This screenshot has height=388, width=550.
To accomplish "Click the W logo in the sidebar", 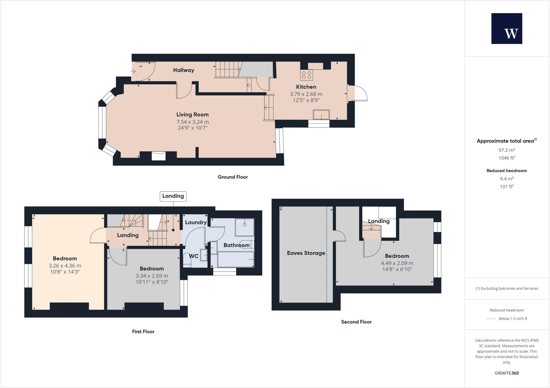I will [x=506, y=28].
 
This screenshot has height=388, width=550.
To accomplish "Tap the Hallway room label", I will [x=183, y=70].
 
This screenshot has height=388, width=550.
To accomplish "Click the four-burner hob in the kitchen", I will [x=306, y=75].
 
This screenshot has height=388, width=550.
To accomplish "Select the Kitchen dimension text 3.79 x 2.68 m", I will [x=306, y=94].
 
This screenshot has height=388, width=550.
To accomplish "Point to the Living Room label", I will [x=192, y=115].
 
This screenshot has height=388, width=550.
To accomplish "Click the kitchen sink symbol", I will [x=321, y=115].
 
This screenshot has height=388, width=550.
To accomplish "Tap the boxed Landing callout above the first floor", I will [x=173, y=196].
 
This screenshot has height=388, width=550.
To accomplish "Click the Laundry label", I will [x=196, y=222].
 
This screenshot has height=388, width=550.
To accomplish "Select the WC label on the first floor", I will [x=193, y=256].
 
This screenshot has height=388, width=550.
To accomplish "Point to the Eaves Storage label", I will [x=306, y=253].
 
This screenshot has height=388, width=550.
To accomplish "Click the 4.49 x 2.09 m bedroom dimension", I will [x=397, y=263].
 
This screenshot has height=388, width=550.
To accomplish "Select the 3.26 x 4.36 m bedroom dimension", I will [x=65, y=266].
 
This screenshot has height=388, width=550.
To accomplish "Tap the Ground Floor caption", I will [x=233, y=177].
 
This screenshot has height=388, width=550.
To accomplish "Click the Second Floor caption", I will [x=356, y=322].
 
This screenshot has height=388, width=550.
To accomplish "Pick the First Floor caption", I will [x=143, y=332].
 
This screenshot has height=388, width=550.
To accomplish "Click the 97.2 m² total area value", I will [x=506, y=150].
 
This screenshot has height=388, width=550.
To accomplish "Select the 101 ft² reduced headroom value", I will [x=506, y=186].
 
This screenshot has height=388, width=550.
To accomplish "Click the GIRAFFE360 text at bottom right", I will [x=506, y=373].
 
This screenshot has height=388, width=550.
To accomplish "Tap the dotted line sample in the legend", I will [x=491, y=319].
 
